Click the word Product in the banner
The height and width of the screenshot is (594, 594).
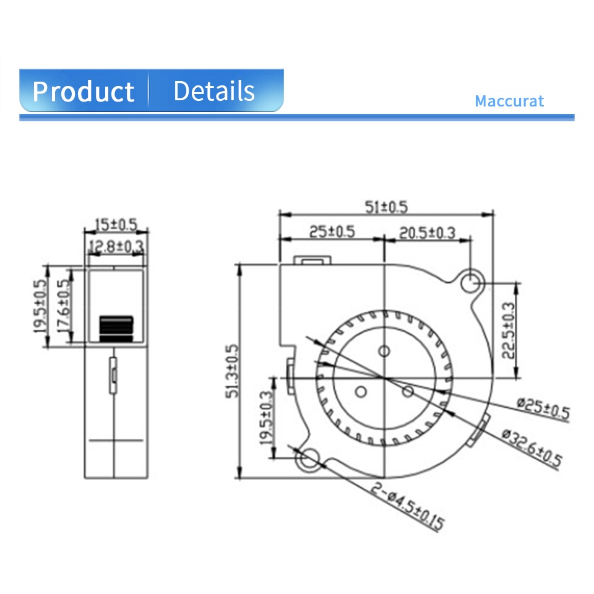pos(84,92)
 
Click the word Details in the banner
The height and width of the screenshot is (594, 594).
pos(214,91)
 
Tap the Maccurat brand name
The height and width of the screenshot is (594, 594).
pos(509,101)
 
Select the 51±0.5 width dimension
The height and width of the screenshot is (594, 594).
pos(386,207)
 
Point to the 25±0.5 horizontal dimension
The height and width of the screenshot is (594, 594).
pos(332,231)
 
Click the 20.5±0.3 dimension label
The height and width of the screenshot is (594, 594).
pos(428,233)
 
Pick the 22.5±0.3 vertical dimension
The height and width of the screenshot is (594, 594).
pos(509,330)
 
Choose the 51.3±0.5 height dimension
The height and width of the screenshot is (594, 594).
pos(232,371)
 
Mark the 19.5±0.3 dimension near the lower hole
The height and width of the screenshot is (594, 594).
pos(266,418)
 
